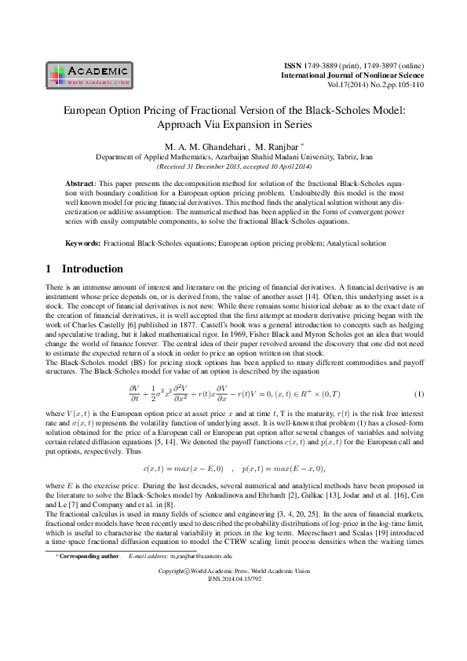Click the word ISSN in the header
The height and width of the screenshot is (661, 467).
point(292,62)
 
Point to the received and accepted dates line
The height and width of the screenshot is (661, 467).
point(233,166)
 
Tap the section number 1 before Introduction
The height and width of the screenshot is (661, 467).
point(49,268)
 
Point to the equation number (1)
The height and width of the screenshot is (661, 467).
point(418,393)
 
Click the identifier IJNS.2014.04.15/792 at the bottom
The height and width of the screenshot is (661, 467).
point(233,623)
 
